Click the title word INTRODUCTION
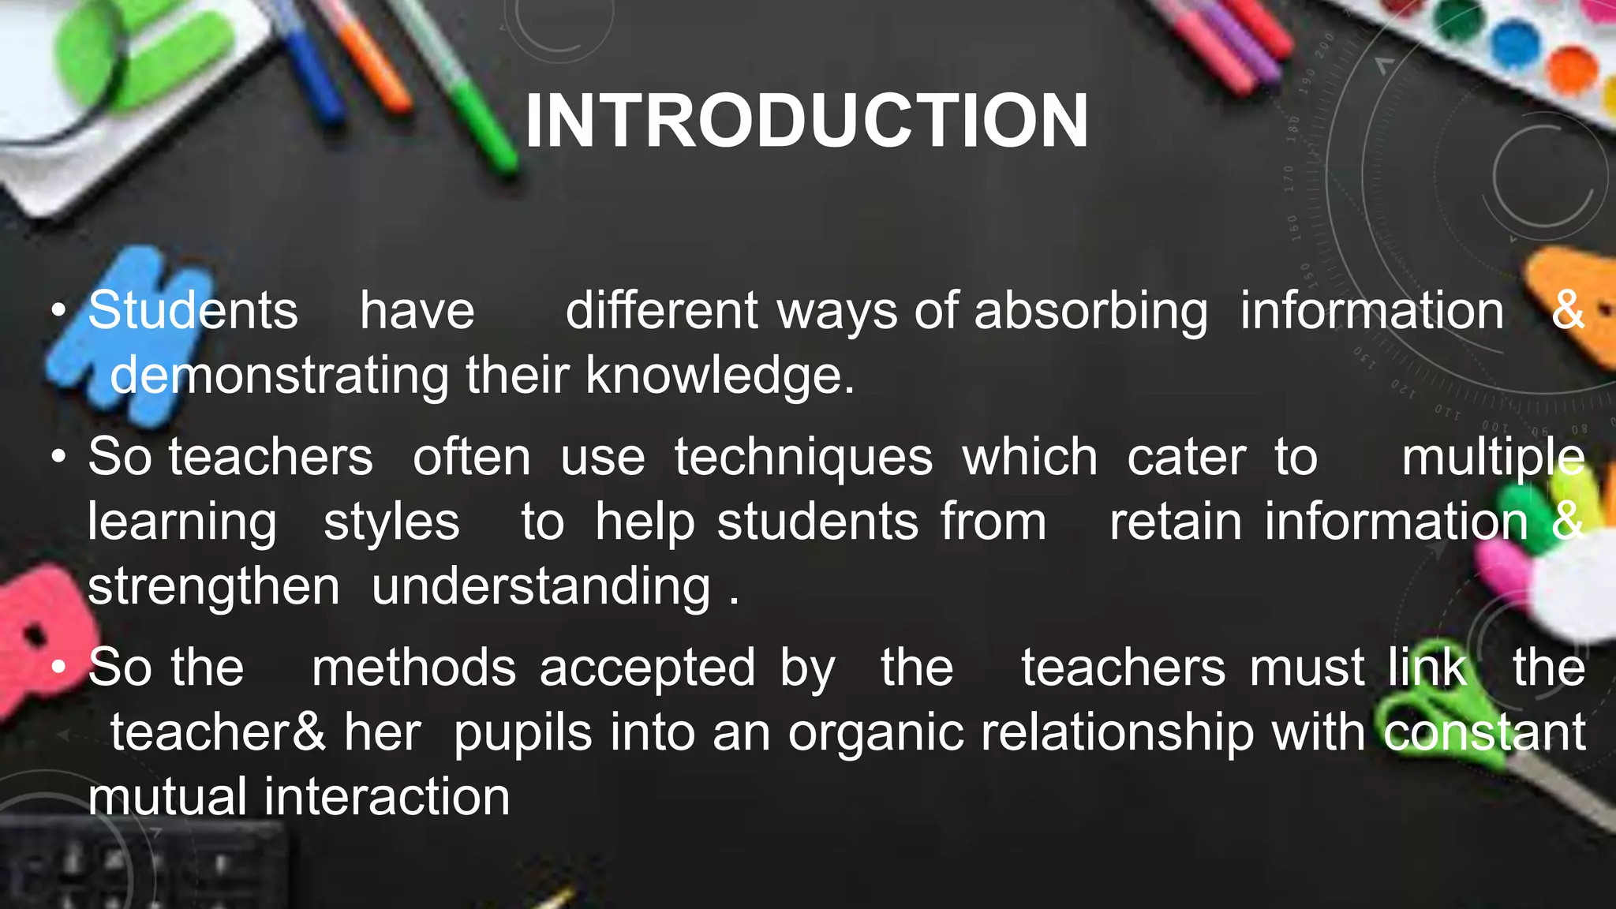tap(806, 121)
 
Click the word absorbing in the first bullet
tap(1090, 311)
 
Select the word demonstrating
tap(279, 375)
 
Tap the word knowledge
tap(719, 375)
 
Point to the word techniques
tap(803, 458)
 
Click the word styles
tap(391, 522)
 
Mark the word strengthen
tap(214, 587)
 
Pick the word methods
tap(413, 668)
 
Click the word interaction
tap(387, 797)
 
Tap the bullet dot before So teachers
tap(58, 458)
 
